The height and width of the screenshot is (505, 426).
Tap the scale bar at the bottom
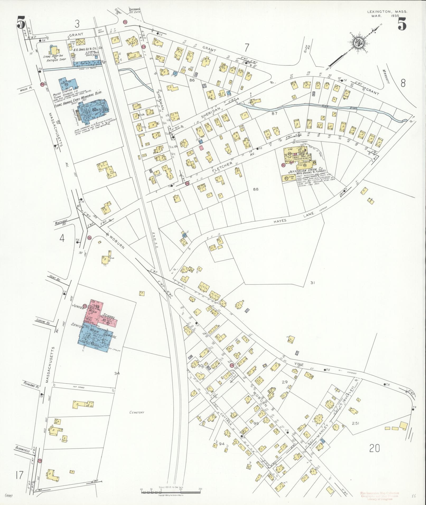pyautogui.click(x=171, y=492)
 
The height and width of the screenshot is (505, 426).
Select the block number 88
pyautogui.click(x=255, y=189)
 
